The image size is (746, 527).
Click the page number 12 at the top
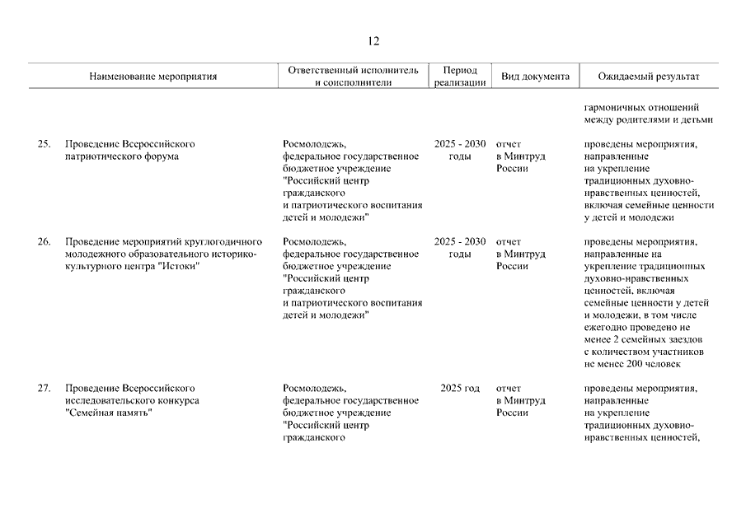(x=373, y=42)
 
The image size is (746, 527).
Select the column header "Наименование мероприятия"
(x=153, y=77)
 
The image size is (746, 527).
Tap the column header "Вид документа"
(x=535, y=77)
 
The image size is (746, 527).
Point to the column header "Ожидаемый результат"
(x=649, y=77)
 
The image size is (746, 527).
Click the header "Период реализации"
(x=459, y=77)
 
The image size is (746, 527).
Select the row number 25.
(x=45, y=144)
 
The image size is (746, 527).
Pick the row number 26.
(x=45, y=242)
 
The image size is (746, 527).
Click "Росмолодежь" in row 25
(x=314, y=144)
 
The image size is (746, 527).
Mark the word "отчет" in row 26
(x=508, y=242)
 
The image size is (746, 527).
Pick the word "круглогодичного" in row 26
(x=224, y=242)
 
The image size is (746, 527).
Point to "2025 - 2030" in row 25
(x=459, y=144)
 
